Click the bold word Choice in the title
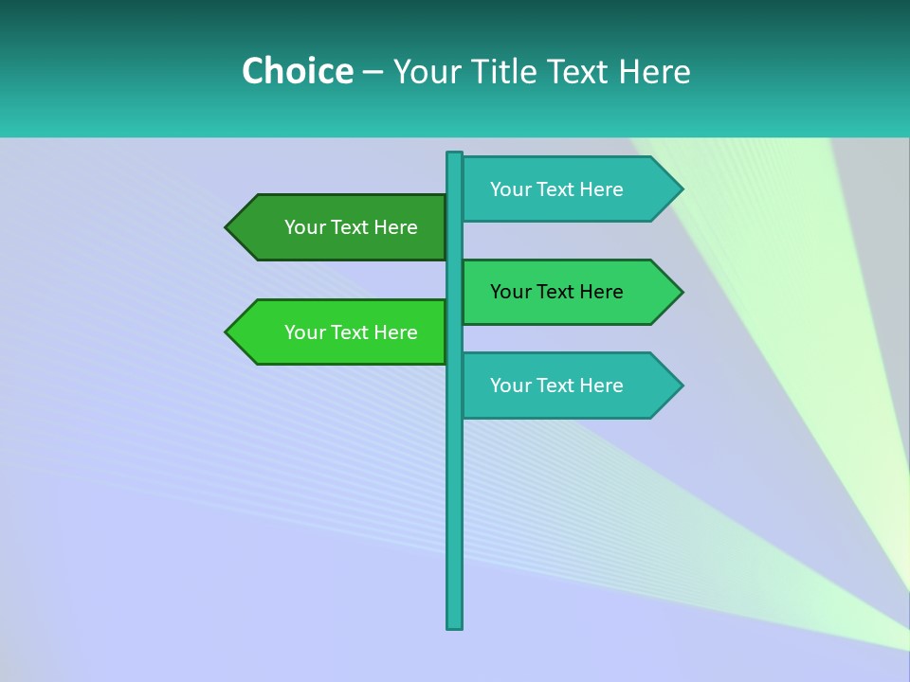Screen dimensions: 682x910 (x=297, y=71)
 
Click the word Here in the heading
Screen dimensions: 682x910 (x=654, y=71)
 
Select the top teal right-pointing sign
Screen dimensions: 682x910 (x=569, y=189)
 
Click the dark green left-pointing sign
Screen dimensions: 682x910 (x=341, y=227)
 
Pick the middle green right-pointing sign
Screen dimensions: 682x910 (x=569, y=292)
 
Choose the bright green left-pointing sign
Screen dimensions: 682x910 (x=341, y=332)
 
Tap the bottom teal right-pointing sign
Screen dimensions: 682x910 (x=569, y=386)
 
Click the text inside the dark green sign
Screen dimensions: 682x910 (x=351, y=227)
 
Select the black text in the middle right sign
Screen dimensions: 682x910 (x=556, y=292)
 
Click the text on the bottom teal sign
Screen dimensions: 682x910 (x=556, y=386)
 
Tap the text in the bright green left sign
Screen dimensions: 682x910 (x=351, y=332)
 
